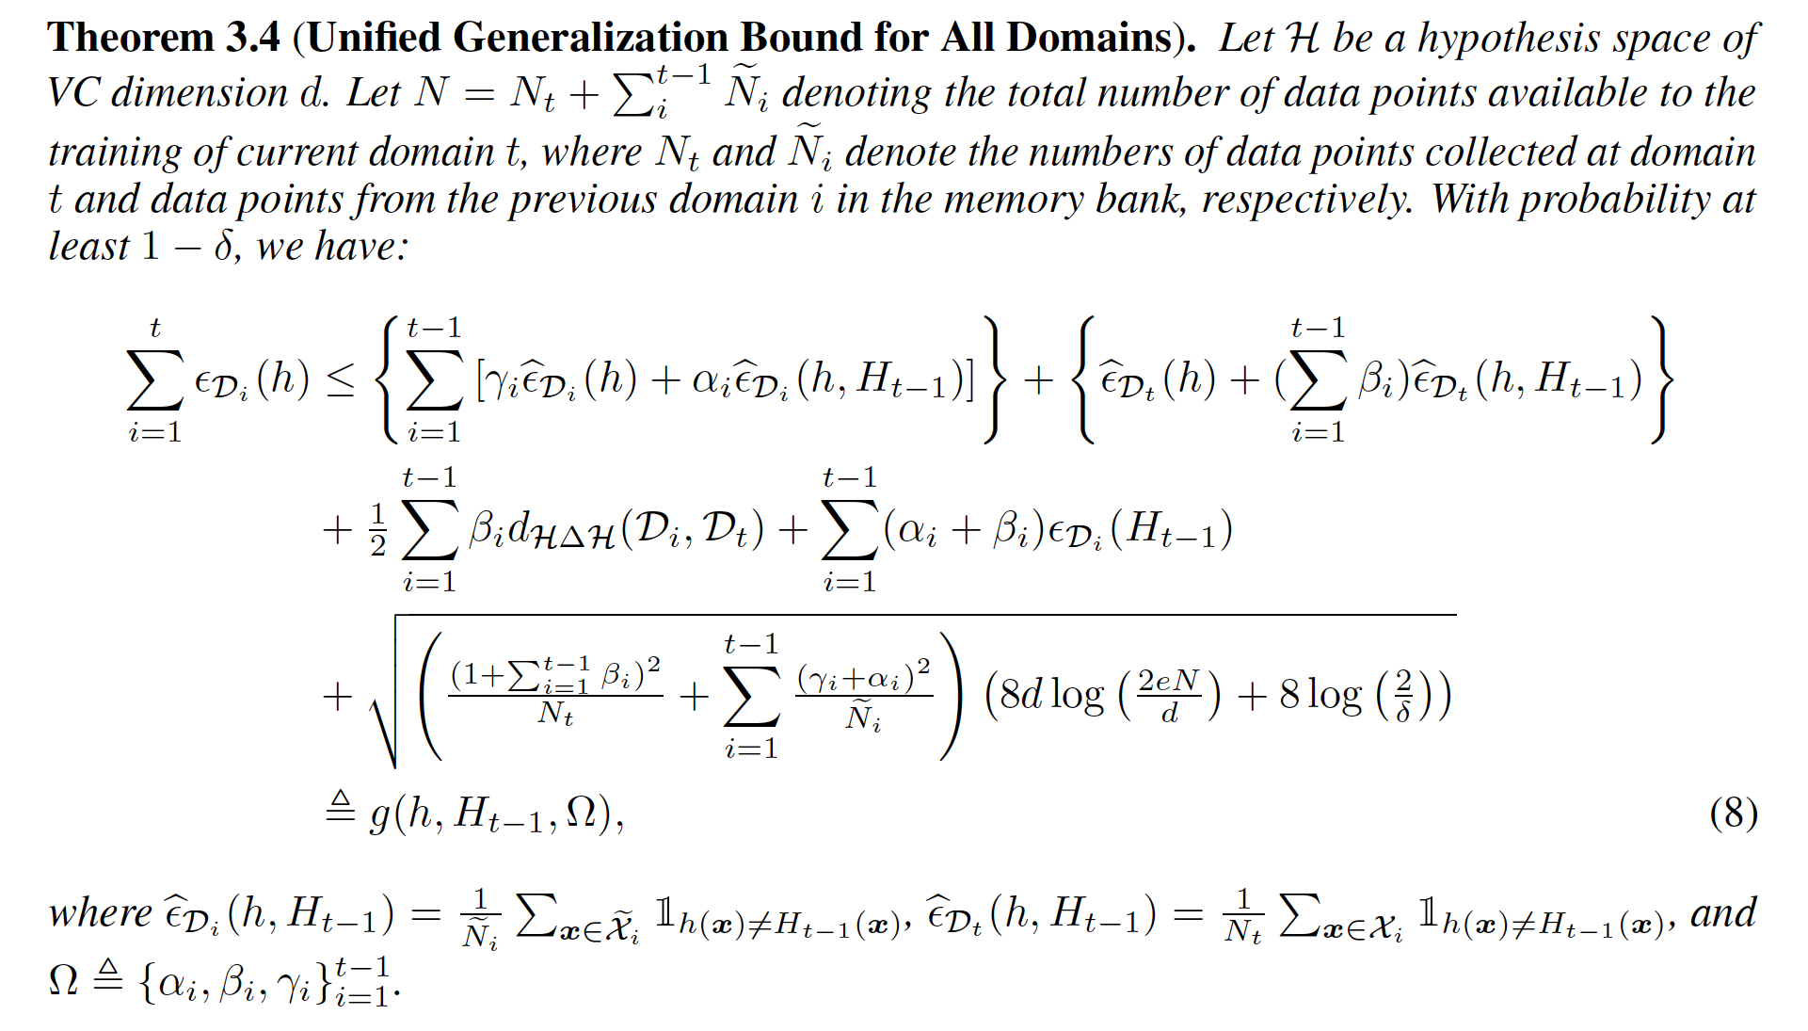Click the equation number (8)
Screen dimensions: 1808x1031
pyautogui.click(x=1733, y=814)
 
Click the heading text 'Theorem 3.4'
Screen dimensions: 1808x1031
pyautogui.click(x=164, y=38)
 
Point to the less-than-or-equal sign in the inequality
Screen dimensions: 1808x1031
pyautogui.click(x=341, y=379)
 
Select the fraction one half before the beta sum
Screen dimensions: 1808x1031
pyautogui.click(x=378, y=529)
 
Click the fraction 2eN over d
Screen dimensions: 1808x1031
pyautogui.click(x=1169, y=696)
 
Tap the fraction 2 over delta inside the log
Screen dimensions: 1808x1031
pyautogui.click(x=1403, y=696)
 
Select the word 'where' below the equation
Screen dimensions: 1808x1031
pyautogui.click(x=100, y=913)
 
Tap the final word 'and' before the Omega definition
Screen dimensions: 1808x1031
pyautogui.click(x=1723, y=913)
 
